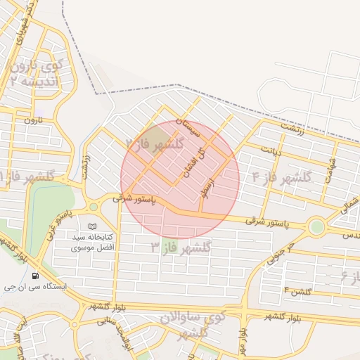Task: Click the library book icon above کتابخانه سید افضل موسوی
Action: click(x=94, y=226)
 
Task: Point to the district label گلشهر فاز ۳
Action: click(x=181, y=247)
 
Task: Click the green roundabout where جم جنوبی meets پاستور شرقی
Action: click(x=317, y=227)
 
